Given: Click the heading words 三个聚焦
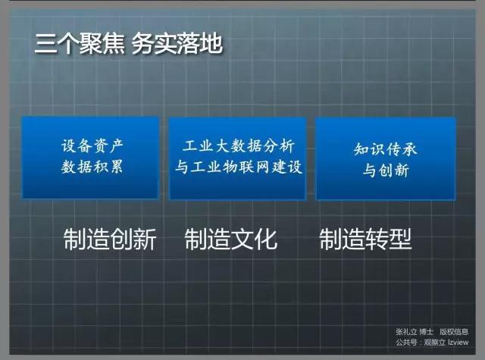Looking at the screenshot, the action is [80, 44].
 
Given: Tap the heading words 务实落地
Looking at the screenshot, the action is [177, 44].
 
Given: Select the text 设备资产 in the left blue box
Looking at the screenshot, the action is [92, 146].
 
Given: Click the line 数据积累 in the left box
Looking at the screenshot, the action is [92, 167].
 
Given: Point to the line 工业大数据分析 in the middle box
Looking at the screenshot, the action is [238, 146].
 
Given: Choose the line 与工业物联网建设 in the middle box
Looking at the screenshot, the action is [238, 167].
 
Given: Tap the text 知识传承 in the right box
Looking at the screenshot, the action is [386, 149].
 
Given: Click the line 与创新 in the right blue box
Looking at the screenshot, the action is [386, 170].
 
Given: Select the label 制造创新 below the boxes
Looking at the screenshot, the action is [110, 239].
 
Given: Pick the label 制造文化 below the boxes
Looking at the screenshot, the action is [230, 239].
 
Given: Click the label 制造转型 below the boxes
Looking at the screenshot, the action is [365, 239].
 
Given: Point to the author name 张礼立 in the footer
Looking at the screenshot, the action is [406, 332].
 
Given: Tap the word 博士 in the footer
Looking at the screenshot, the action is [427, 332].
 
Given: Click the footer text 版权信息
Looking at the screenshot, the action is [454, 332].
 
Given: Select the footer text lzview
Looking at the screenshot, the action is [458, 342].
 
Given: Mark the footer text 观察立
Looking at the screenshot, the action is [434, 342].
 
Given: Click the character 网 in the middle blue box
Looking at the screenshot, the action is [262, 167].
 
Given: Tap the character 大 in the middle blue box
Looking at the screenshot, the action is [222, 146].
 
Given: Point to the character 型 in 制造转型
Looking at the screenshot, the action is [400, 239].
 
